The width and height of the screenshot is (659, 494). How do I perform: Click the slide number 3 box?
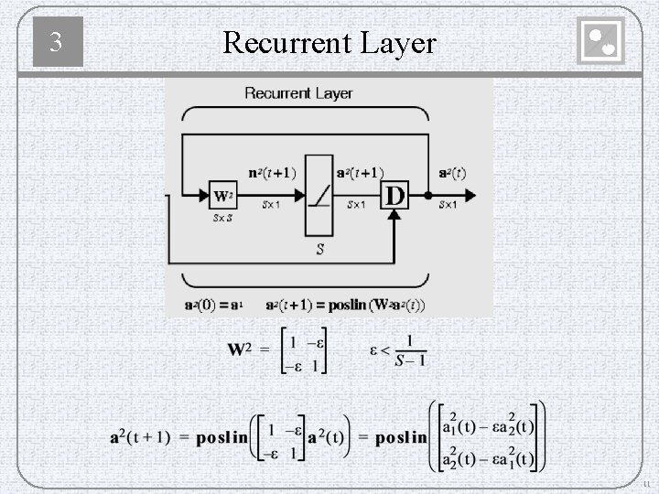point(58,42)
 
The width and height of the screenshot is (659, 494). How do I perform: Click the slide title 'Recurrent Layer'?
point(329,42)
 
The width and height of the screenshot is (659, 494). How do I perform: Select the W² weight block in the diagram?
point(222,196)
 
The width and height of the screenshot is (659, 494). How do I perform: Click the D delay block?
point(394,196)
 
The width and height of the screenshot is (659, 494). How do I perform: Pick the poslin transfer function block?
point(318,195)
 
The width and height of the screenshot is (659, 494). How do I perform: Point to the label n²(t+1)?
point(272,173)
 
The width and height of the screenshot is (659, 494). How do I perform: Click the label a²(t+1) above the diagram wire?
point(359,173)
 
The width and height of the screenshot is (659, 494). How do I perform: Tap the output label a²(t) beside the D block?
point(451,173)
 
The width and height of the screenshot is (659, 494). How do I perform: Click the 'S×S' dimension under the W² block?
point(222,218)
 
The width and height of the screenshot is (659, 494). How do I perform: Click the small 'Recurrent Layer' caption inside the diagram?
point(298,93)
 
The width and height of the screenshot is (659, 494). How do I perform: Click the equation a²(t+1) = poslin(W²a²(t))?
point(346,305)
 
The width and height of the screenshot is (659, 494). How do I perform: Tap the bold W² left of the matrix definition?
point(241,349)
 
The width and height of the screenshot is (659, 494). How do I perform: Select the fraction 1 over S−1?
point(409,350)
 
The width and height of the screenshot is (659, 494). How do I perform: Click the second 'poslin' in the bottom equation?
point(400,437)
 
